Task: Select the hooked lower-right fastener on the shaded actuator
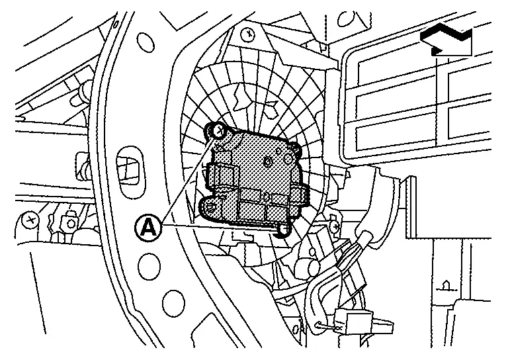283,229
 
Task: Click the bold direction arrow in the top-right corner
447,40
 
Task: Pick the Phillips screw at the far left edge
29,217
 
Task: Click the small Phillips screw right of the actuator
335,226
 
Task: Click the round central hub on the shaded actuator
268,161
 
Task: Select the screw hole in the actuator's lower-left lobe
210,207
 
